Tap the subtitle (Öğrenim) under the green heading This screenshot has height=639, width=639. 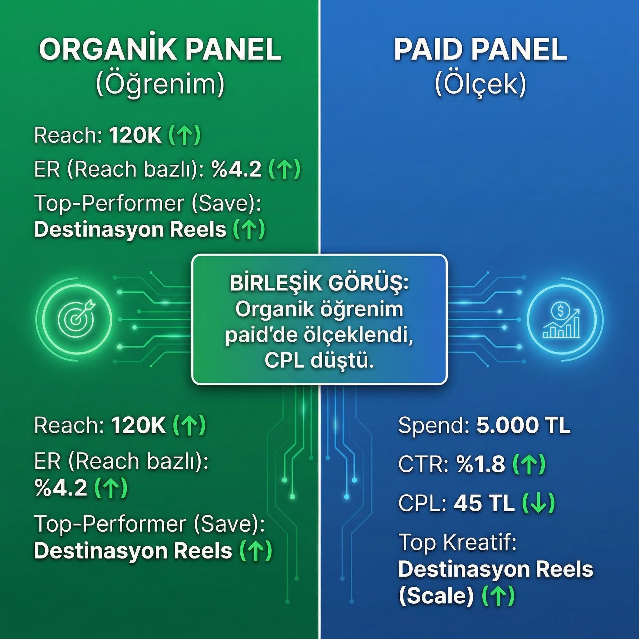click(x=160, y=84)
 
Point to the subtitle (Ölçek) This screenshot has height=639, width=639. click(x=480, y=84)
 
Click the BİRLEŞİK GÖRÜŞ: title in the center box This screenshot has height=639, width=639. click(x=319, y=283)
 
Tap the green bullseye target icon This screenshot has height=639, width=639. click(x=76, y=319)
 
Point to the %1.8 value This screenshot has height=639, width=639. click(x=481, y=464)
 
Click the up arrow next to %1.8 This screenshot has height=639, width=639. click(x=529, y=464)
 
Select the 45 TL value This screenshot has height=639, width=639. click(x=484, y=503)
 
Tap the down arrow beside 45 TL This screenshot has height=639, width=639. click(x=538, y=503)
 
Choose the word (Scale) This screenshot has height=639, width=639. click(x=436, y=596)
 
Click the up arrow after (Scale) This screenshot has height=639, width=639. click(x=498, y=596)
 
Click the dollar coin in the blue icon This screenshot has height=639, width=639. click(x=560, y=310)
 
